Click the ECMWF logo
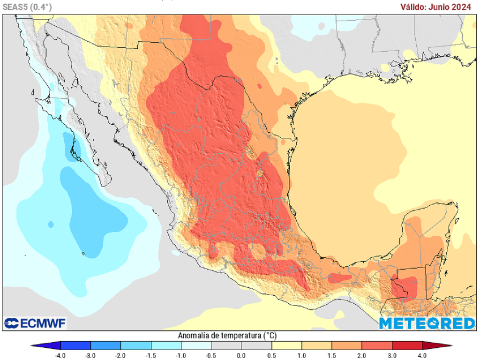(x=35, y=323)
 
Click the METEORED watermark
(x=427, y=323)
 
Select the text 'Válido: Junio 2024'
(x=435, y=7)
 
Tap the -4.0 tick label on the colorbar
(x=60, y=355)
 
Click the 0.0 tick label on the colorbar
(x=241, y=355)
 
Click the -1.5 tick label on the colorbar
(x=151, y=355)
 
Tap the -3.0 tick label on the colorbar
(x=90, y=355)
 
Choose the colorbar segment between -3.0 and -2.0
(x=105, y=346)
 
